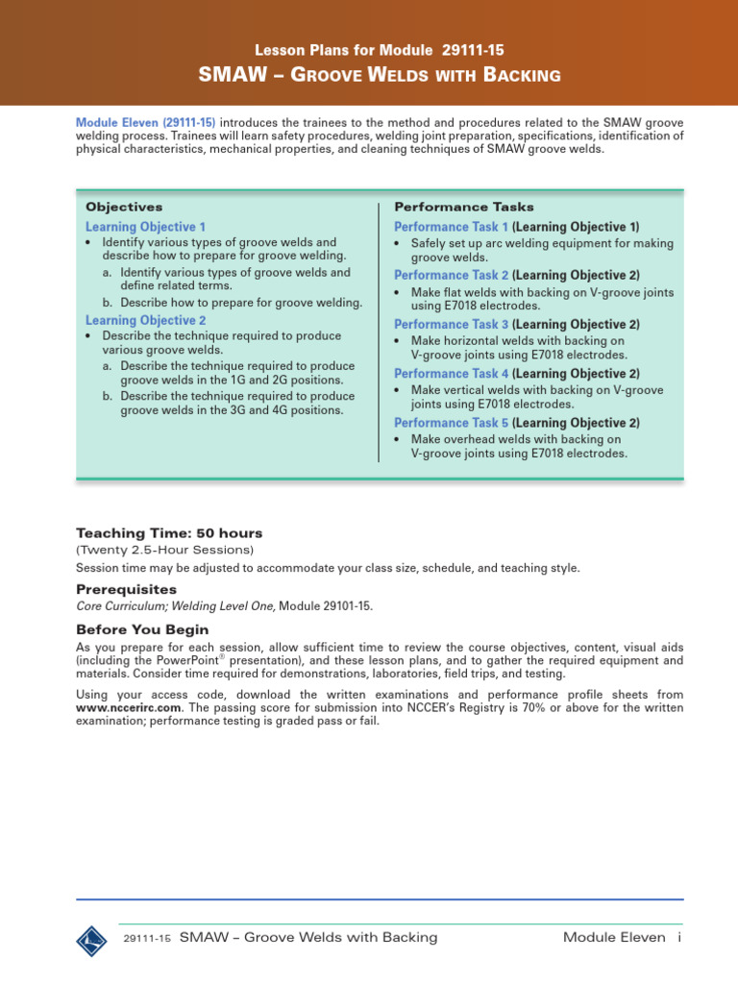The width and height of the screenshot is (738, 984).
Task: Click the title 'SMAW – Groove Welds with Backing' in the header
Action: point(379,75)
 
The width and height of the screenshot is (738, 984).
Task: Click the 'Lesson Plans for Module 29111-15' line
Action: point(379,49)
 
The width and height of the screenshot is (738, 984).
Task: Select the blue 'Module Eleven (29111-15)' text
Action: point(146,122)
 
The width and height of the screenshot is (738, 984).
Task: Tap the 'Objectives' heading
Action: point(124,207)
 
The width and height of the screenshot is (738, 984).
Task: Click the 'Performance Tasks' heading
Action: point(464,207)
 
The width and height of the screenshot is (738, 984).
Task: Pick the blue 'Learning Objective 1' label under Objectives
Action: point(145,227)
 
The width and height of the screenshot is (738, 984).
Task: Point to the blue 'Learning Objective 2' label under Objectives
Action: point(145,320)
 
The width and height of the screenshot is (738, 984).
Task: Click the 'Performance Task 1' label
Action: point(452,227)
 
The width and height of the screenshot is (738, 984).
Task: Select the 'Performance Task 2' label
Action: point(452,275)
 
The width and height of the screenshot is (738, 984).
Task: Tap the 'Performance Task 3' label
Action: point(452,325)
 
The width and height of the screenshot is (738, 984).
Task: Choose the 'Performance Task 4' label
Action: point(452,374)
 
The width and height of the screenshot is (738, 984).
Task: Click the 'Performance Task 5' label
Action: point(452,423)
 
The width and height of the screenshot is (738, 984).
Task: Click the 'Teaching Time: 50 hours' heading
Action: point(169,533)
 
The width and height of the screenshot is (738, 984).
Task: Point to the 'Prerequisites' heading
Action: point(126,589)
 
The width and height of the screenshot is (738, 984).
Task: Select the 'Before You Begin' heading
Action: point(142,630)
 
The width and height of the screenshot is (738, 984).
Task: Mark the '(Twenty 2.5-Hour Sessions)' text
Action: point(164,550)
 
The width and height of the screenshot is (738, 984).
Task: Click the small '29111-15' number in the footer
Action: point(147,939)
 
